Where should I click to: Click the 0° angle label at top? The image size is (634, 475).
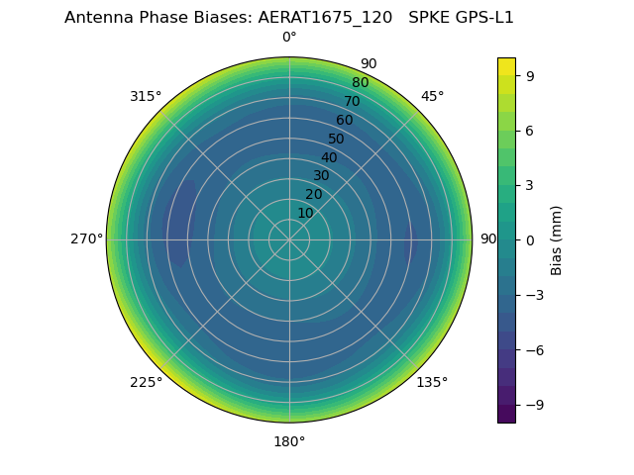tap(289, 38)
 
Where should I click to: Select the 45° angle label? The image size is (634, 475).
tap(432, 96)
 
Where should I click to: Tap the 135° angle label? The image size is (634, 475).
tap(432, 383)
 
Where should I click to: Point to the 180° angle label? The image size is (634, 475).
tap(289, 441)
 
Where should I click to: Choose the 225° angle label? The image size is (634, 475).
tap(146, 383)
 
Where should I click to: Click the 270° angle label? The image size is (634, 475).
tap(86, 239)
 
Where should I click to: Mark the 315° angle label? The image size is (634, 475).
tap(146, 96)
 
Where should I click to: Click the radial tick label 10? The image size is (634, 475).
tap(305, 213)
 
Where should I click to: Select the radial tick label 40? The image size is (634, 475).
tap(329, 157)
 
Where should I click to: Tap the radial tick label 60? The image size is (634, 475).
tap(344, 121)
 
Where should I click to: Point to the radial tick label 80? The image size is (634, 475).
tap(360, 83)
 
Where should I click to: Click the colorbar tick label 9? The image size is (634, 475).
tap(531, 75)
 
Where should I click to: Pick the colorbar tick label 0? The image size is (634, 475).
tap(531, 239)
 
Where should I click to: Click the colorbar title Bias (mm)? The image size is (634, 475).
tap(557, 239)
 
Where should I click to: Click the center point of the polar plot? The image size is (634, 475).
tap(289, 239)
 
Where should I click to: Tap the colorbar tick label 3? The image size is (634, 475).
tap(531, 185)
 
